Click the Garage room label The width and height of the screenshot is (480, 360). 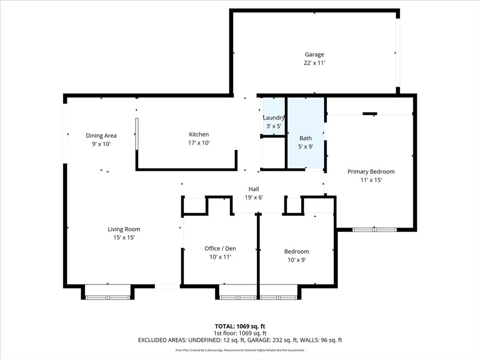tap(315, 54)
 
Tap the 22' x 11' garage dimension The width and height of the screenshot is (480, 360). tap(315, 63)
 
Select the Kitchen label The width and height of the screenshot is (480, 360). tap(199, 135)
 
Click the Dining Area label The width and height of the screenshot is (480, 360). tap(101, 135)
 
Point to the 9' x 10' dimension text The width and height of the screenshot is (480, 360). tap(101, 144)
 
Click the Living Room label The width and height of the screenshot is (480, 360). tap(124, 229)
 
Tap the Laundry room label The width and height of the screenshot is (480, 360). tap(274, 118)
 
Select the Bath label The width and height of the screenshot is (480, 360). tap(306, 138)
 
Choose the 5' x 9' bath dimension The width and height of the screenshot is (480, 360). tap(306, 147)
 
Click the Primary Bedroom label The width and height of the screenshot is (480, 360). tap(371, 172)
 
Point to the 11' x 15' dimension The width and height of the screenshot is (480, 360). tap(371, 180)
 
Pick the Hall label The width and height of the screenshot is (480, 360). tap(254, 189)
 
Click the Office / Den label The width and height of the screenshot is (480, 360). tap(220, 248)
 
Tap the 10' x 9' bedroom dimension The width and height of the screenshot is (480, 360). tap(297, 260)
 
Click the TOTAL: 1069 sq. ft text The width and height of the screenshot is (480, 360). tap(240, 326)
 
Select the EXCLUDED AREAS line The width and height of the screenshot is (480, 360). tap(240, 340)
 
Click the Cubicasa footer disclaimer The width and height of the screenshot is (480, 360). tap(240, 350)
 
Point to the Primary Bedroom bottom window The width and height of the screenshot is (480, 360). tap(375, 230)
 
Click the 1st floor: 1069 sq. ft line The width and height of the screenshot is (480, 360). tap(240, 333)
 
